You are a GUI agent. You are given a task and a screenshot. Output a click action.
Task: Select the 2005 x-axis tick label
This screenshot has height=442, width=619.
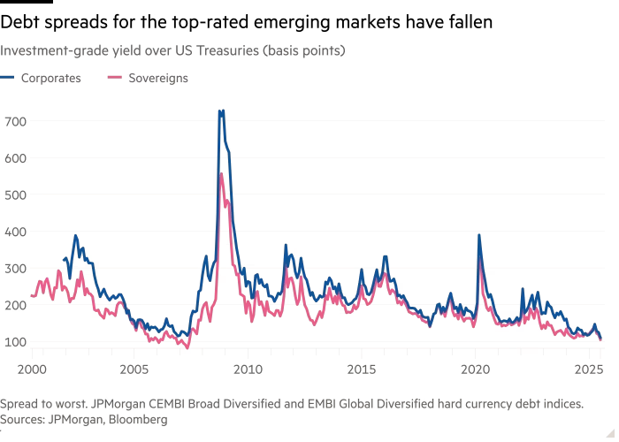click(x=134, y=365)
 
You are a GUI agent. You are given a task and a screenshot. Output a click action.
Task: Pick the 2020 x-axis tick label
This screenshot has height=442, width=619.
click(x=476, y=365)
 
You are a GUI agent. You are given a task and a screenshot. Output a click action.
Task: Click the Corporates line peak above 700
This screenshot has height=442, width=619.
click(x=221, y=111)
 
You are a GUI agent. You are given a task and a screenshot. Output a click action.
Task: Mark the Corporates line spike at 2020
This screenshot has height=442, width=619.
click(x=478, y=235)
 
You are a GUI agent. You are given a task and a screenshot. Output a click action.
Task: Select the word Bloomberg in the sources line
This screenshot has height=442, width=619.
click(x=138, y=420)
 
